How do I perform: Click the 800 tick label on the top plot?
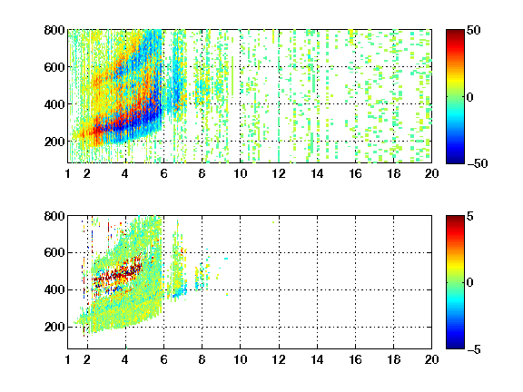coord(54,30)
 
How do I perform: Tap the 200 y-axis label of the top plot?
coord(54,142)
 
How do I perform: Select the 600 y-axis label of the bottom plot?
coord(54,252)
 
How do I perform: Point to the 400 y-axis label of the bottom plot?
coord(54,289)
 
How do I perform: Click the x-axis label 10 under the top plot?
coord(240,173)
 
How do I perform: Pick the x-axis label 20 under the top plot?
coord(431,173)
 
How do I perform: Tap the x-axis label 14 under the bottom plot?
coord(317,359)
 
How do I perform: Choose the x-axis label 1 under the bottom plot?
coord(68,359)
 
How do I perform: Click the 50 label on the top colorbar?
coord(474,30)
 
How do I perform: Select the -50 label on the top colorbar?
coord(478,163)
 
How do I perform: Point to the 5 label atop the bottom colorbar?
coord(470,216)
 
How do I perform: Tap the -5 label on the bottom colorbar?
coord(474,349)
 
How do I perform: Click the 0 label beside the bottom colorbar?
coord(470,283)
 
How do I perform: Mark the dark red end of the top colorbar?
coord(455,32)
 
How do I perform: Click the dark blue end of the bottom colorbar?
coord(455,346)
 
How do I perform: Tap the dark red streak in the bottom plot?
coord(117,274)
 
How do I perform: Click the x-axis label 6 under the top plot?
coord(163,173)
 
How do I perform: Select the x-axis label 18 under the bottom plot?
coord(393,359)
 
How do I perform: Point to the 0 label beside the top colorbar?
coord(470,97)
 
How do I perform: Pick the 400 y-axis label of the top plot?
coord(54,104)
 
